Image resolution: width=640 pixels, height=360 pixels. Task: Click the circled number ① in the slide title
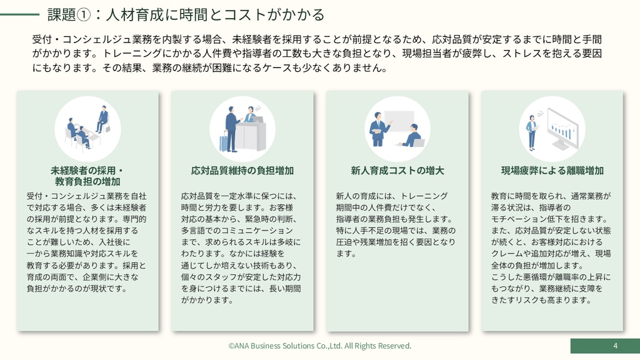pyautogui.click(x=84, y=15)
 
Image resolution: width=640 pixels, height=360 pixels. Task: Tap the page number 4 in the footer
pyautogui.click(x=615, y=346)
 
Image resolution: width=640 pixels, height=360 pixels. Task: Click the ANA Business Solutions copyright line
pyautogui.click(x=319, y=346)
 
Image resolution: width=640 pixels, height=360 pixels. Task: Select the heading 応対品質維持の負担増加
pyautogui.click(x=242, y=171)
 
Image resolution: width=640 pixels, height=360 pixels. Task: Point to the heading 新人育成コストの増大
pyautogui.click(x=397, y=171)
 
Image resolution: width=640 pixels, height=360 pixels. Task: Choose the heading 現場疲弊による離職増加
pyautogui.click(x=552, y=171)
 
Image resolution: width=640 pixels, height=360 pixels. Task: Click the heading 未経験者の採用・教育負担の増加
pyautogui.click(x=87, y=176)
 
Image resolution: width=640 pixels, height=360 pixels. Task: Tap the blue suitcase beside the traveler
pyautogui.click(x=224, y=142)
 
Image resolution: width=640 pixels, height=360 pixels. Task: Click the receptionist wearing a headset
pyautogui.click(x=251, y=114)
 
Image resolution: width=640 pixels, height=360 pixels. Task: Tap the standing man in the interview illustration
pyautogui.click(x=102, y=119)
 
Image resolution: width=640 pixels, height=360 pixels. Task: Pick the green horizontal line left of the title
pyautogui.click(x=19, y=15)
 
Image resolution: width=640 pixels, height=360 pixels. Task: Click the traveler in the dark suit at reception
pyautogui.click(x=232, y=129)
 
